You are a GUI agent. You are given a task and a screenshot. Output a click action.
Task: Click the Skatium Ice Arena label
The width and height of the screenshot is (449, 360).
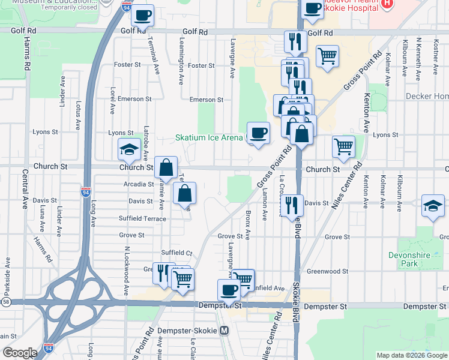tap(209, 137)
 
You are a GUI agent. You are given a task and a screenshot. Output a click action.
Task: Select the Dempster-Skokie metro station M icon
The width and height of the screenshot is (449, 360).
tap(224, 330)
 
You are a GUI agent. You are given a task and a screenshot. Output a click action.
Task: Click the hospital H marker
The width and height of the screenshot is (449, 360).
tap(387, 4)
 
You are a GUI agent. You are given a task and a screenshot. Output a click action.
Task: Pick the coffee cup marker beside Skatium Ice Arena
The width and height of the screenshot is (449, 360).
tap(259, 133)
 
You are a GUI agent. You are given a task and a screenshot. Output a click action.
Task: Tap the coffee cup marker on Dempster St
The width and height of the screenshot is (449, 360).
tap(228, 290)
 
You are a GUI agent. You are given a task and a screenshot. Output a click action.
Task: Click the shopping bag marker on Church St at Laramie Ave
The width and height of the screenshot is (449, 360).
tap(166, 167)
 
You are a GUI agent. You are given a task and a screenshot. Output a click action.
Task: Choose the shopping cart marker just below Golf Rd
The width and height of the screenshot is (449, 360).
tap(327, 57)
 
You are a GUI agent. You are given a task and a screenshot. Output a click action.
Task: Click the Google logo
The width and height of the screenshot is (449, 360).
tap(20, 353)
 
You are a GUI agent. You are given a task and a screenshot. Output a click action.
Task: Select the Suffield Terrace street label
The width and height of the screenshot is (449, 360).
tap(142, 218)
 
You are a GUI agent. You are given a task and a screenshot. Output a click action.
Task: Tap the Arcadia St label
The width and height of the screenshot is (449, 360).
tap(139, 184)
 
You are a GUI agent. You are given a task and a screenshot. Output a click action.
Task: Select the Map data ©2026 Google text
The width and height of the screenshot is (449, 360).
tap(411, 355)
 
